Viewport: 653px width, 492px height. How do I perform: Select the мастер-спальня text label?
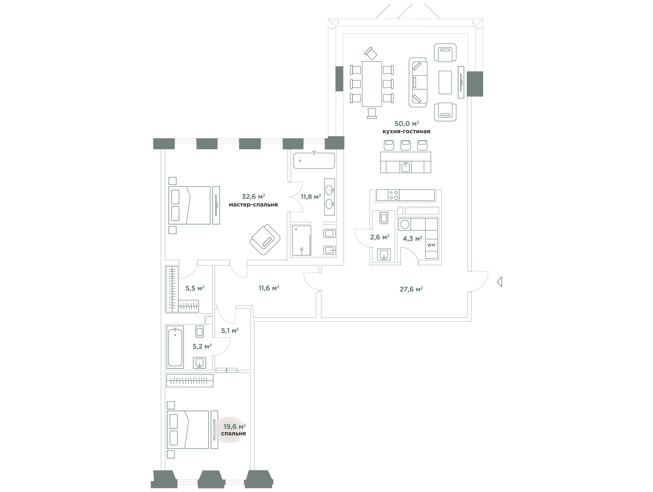[253, 205]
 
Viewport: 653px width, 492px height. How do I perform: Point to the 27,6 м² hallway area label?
[411, 289]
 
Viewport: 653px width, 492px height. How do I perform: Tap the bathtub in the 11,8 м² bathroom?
[314, 160]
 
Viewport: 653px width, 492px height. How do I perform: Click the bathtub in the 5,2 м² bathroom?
[175, 346]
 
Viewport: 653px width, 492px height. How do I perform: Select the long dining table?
[372, 84]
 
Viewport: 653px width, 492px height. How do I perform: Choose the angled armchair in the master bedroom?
[265, 239]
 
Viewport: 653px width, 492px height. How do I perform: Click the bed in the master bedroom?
[189, 205]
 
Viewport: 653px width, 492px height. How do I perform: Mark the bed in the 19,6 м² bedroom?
[188, 430]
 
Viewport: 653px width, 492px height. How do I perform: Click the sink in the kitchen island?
[406, 167]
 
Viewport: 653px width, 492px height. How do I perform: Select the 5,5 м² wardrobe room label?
[195, 288]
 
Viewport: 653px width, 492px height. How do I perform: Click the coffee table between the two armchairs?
[445, 82]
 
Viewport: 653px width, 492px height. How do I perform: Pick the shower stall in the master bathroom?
[301, 241]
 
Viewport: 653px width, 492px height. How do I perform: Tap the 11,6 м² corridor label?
[269, 288]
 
